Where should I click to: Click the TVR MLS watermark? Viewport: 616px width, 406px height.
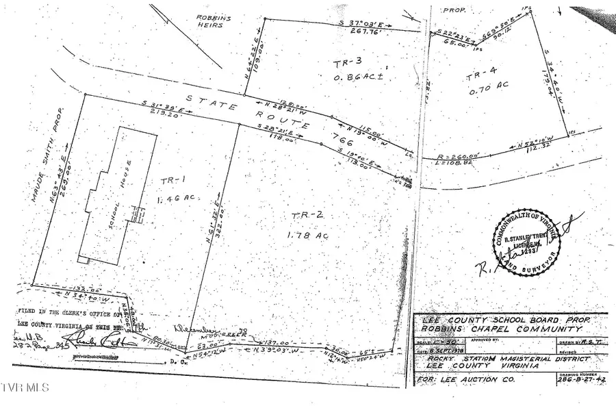click(x=25, y=388)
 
